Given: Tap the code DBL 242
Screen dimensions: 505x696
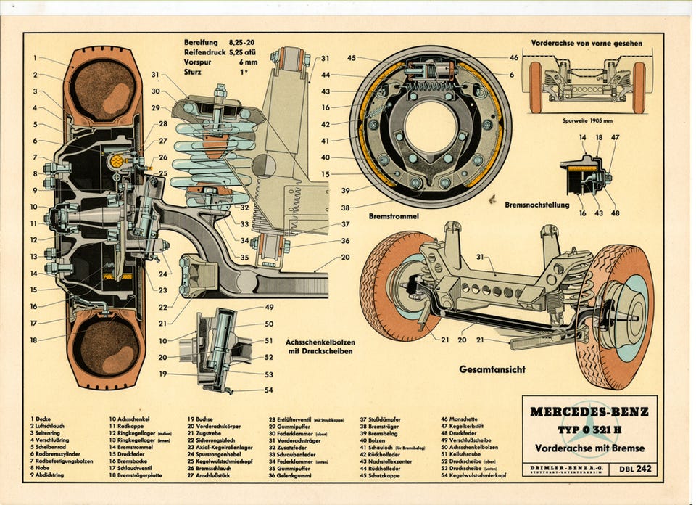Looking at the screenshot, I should (x=634, y=469).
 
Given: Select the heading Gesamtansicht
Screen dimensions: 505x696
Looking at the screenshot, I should (x=493, y=369).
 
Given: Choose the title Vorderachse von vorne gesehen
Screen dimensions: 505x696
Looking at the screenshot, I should (x=587, y=44).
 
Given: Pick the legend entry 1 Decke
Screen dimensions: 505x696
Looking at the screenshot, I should (x=41, y=419).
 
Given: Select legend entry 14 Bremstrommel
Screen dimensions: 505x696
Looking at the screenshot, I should (x=131, y=447).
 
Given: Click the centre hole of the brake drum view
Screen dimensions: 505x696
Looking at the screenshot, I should (x=430, y=126).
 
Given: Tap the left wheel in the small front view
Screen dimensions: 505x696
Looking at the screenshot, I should (x=536, y=87).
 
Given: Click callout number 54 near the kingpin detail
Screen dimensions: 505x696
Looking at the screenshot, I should (x=269, y=390).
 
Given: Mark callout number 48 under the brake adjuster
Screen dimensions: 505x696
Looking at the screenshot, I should (x=616, y=213).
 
